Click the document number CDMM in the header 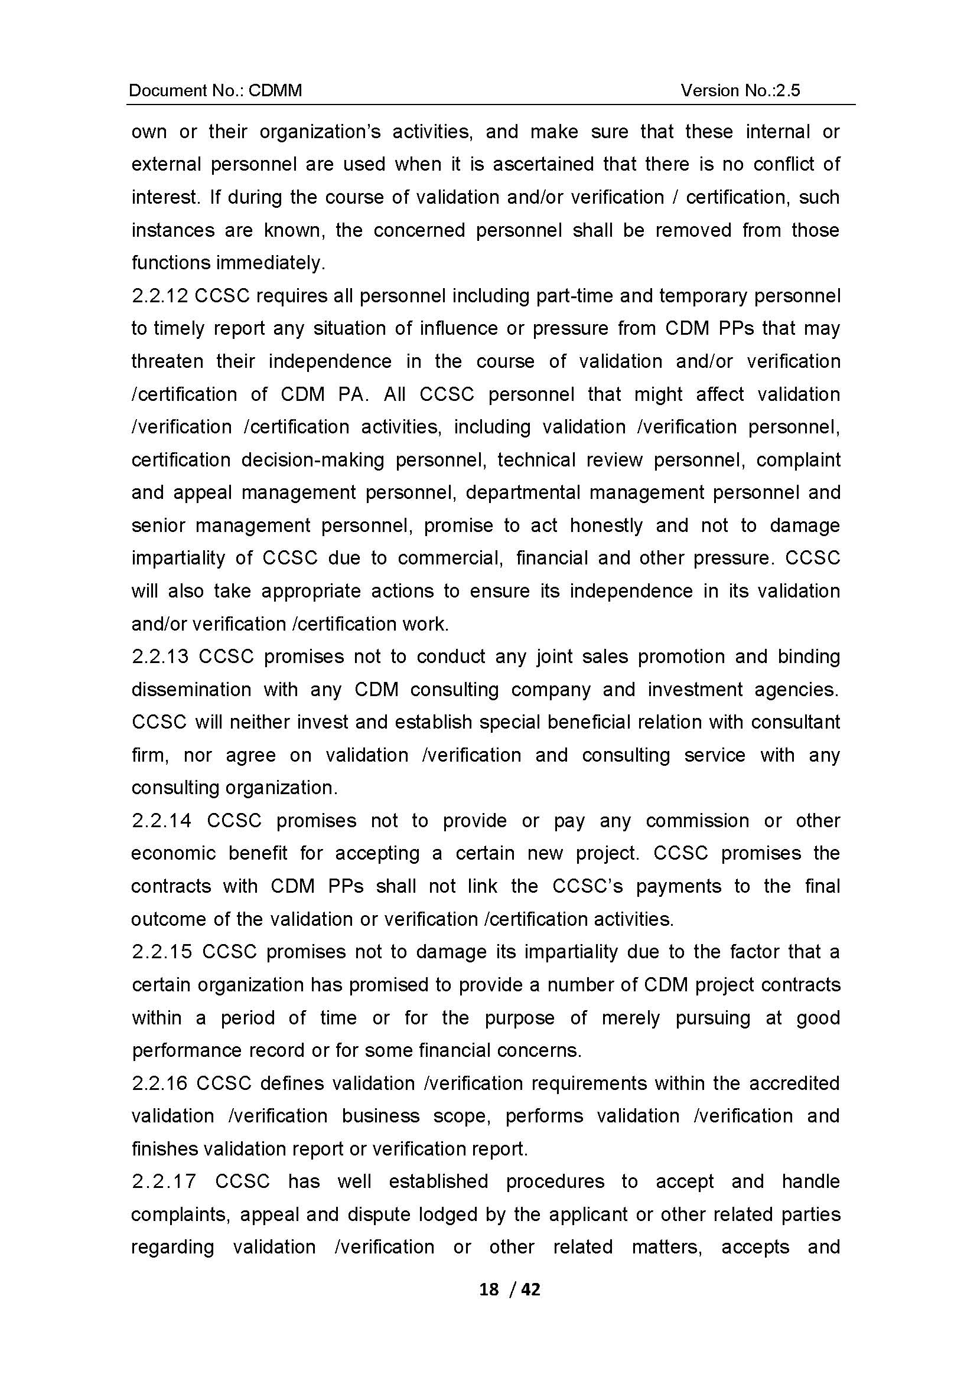[275, 90]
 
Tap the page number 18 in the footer [489, 1289]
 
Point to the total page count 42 [530, 1289]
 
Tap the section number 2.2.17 [164, 1181]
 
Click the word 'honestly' [607, 525]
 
